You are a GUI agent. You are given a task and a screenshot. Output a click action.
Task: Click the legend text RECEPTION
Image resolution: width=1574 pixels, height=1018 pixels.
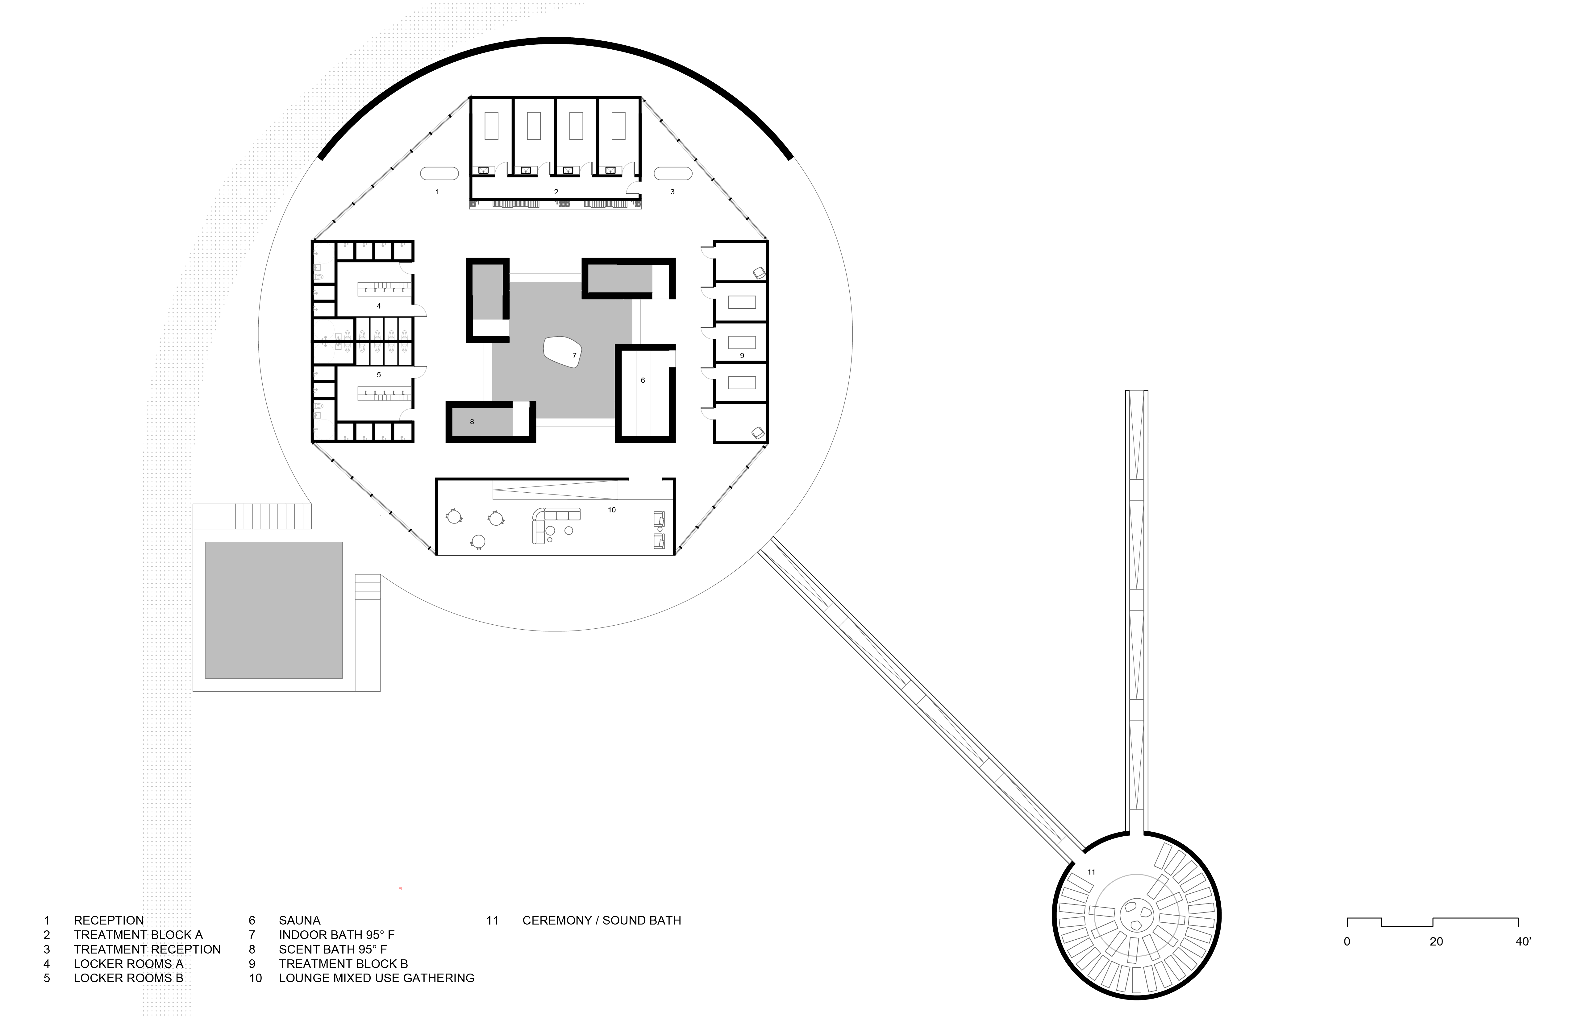108,920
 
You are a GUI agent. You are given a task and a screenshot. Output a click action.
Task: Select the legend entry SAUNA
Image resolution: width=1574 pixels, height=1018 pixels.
300,920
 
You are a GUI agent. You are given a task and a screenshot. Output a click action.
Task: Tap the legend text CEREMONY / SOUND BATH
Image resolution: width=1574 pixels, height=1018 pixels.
601,920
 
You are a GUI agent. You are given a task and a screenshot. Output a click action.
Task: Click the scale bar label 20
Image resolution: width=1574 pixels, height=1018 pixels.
1436,941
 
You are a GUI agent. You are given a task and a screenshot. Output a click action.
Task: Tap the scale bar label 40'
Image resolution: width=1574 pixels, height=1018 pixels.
1522,941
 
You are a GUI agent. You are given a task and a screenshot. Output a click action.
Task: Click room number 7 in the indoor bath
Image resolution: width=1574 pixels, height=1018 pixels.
574,356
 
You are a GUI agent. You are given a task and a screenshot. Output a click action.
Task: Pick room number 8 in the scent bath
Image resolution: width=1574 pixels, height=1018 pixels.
472,422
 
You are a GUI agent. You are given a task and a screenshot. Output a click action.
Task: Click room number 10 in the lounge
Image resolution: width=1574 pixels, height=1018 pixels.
612,510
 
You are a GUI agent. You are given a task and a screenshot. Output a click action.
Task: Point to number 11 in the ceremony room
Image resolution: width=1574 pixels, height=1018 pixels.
1091,872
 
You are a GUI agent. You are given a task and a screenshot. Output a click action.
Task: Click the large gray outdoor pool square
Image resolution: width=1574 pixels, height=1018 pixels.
274,610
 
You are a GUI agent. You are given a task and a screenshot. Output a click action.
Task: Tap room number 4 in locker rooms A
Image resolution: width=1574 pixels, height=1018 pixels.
378,306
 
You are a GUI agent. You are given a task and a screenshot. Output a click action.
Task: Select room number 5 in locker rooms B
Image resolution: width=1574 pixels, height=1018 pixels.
378,375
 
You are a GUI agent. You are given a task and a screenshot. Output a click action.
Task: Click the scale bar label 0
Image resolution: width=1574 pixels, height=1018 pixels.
1347,941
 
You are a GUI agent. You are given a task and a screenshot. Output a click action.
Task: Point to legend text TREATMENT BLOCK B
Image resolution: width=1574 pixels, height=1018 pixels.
343,964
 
